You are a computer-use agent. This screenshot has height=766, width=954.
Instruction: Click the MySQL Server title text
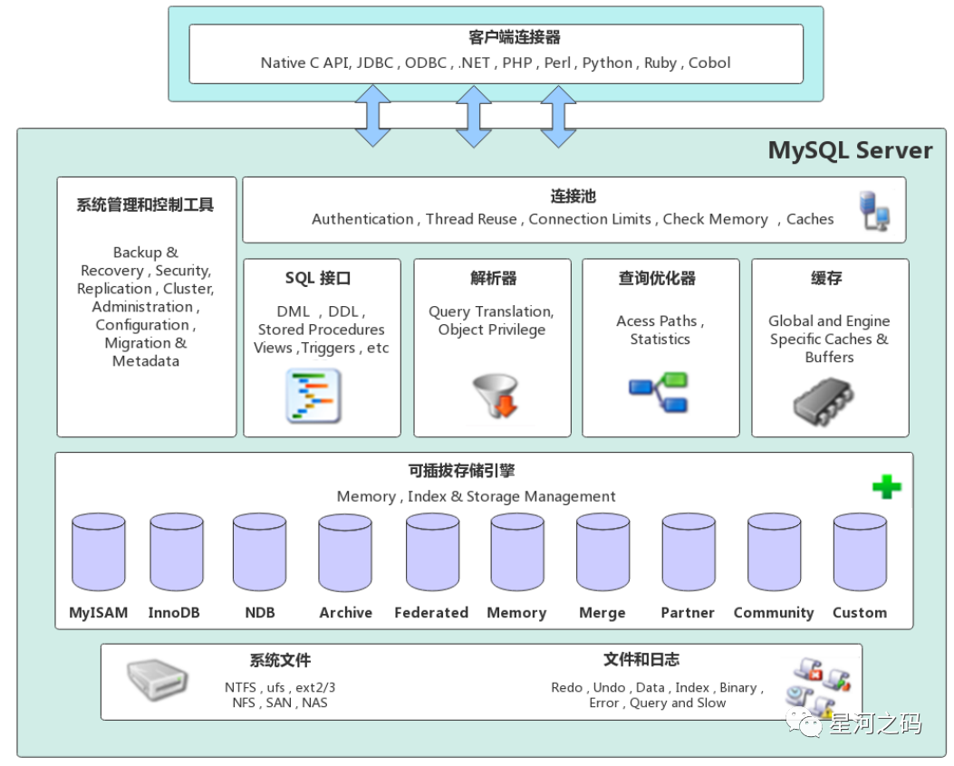pos(850,150)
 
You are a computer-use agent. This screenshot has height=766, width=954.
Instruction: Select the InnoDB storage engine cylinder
pos(177,551)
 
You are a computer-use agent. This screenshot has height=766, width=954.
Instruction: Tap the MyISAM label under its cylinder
pos(98,613)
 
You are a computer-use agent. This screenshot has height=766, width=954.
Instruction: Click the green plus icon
pos(886,487)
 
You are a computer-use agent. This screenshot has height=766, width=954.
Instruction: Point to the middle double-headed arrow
pos(473,116)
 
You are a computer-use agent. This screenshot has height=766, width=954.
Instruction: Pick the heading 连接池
pos(573,196)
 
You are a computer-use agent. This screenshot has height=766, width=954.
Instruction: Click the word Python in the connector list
pos(607,62)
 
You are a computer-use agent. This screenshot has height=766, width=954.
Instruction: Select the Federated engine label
pos(431,613)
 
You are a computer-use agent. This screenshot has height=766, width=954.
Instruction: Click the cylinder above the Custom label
pos(860,551)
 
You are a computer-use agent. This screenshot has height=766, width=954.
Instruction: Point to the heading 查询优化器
pos(658,279)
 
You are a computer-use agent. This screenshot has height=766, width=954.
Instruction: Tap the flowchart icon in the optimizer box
pos(659,391)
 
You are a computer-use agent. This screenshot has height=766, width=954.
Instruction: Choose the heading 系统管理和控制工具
pos(145,206)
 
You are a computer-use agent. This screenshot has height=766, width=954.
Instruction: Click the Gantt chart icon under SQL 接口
pos(313,396)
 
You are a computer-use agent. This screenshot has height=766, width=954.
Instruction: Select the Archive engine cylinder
pos(345,552)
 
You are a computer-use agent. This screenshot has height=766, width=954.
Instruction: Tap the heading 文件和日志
pos(641,660)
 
